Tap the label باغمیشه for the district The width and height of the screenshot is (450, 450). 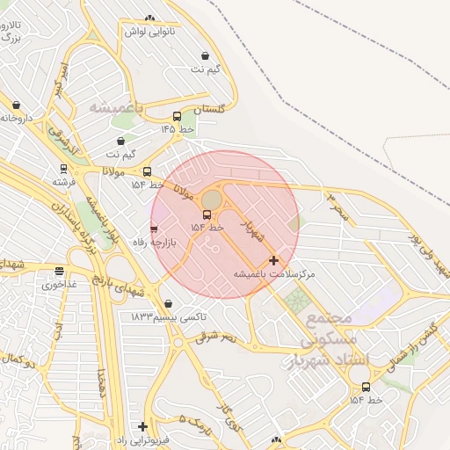[116, 107]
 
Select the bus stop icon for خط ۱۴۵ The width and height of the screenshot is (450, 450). [177, 116]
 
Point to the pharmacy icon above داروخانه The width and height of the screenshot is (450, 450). [16, 105]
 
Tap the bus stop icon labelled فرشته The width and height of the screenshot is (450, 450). [63, 168]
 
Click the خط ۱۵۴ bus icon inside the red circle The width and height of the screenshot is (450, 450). [207, 214]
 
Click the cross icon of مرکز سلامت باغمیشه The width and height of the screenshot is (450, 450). [274, 260]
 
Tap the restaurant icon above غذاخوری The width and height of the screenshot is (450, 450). [59, 272]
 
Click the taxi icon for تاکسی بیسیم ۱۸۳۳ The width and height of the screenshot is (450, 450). [168, 303]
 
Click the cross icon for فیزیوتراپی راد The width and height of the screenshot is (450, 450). [142, 426]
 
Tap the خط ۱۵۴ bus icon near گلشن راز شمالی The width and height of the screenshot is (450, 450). [366, 387]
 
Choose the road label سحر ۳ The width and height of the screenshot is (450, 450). [337, 207]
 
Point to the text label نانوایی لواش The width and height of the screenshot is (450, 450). [149, 31]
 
